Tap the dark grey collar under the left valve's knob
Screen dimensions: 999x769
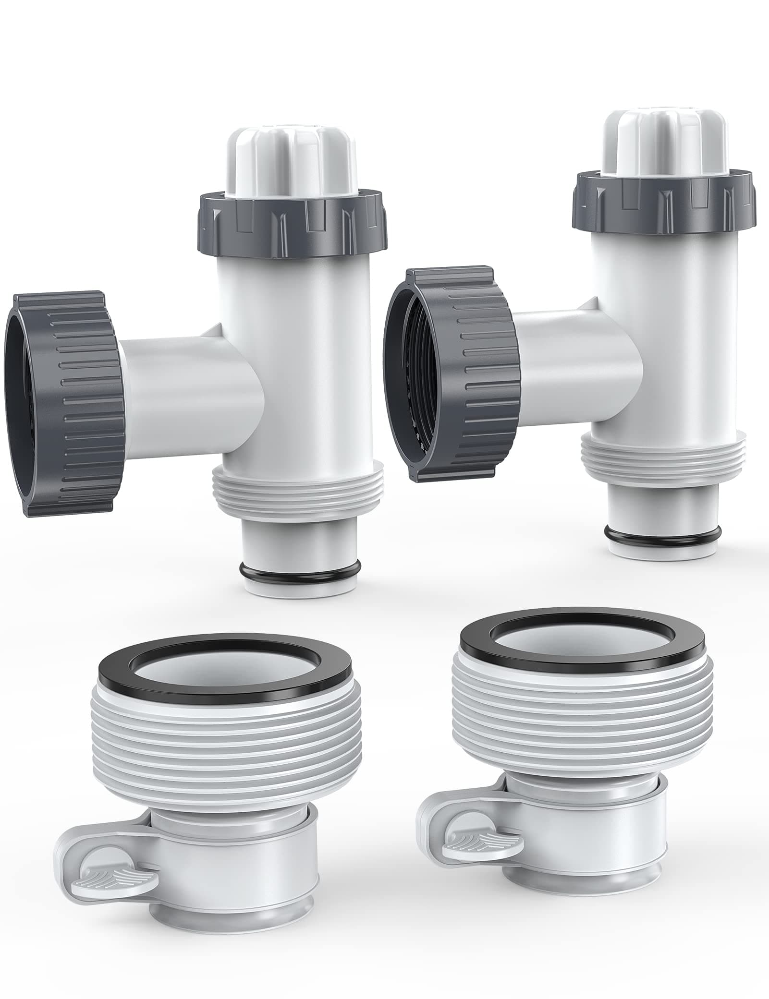pyautogui.click(x=293, y=221)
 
